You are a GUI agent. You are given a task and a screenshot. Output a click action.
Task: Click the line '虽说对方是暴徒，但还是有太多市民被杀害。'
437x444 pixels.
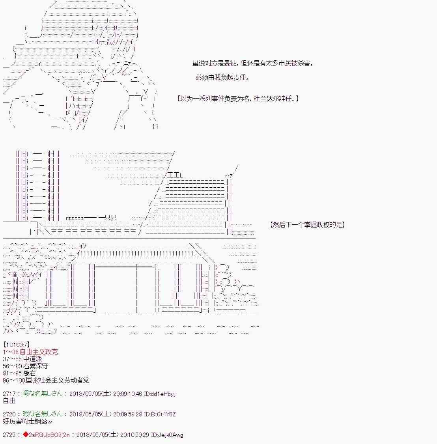[x=253, y=63]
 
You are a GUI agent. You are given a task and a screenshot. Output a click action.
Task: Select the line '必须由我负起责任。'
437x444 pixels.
[x=222, y=77]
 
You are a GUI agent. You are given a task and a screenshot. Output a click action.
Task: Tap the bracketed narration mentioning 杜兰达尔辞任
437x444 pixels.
[x=238, y=99]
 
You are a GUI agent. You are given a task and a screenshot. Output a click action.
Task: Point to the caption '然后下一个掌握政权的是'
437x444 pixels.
[x=307, y=224]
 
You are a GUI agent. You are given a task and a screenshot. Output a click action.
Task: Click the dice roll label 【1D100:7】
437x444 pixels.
[x=17, y=345]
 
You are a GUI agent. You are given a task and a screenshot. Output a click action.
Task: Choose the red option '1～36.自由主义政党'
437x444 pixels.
[x=30, y=352]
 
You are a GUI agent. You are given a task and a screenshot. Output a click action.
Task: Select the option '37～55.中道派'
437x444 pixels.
[x=22, y=359]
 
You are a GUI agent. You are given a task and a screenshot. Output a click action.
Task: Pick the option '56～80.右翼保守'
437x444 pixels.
[x=26, y=366]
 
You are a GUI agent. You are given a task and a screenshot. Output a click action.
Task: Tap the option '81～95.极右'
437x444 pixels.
[x=19, y=373]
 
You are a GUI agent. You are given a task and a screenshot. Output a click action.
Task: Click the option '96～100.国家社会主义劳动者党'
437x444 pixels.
[x=46, y=380]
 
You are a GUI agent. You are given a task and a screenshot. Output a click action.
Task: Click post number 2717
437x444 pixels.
[x=9, y=394]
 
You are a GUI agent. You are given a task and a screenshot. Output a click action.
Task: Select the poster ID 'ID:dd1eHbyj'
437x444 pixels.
[x=160, y=394]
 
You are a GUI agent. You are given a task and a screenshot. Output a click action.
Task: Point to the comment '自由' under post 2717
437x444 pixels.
[x=9, y=401]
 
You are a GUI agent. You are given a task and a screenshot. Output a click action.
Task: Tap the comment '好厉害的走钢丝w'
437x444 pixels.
[x=28, y=422]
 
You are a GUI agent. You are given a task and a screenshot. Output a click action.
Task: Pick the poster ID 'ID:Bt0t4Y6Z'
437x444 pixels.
[x=160, y=414]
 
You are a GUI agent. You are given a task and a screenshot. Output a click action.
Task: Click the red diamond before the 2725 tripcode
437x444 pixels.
[x=26, y=435]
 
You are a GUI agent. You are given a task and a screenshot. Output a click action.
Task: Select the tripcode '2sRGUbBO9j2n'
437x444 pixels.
[x=49, y=435]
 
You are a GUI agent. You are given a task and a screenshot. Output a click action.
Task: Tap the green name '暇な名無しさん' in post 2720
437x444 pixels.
[x=43, y=414]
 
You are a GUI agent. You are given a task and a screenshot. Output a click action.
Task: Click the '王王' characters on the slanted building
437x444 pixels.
[x=174, y=175]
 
